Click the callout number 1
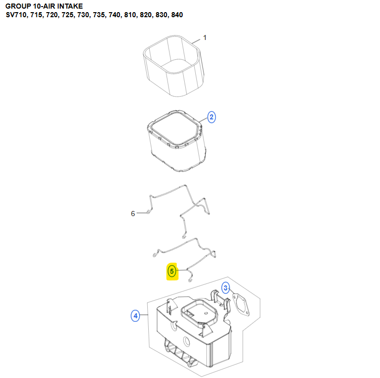point(205,38)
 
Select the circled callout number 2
point(212,117)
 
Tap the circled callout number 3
point(226,288)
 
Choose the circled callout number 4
point(136,316)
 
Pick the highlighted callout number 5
point(172,271)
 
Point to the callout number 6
point(133,214)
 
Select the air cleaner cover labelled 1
point(174,65)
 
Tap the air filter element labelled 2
point(177,141)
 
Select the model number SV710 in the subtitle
point(16,15)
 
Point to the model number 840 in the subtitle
point(177,15)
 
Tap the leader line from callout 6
point(142,213)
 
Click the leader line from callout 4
point(144,315)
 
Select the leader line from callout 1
point(196,41)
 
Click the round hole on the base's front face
point(186,342)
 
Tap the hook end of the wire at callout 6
point(148,212)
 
